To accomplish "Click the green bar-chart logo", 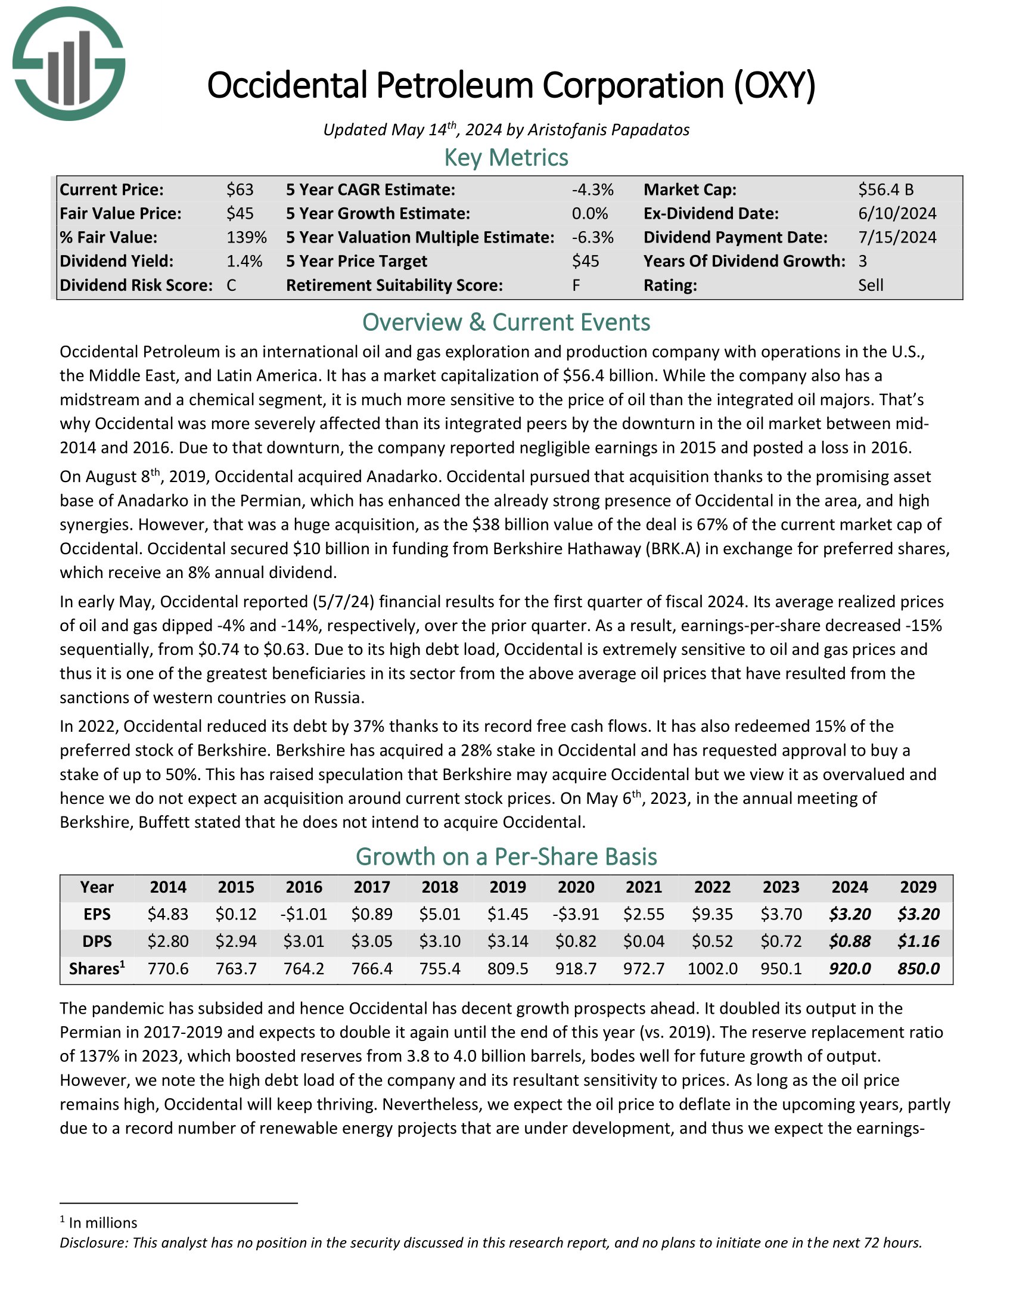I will [69, 64].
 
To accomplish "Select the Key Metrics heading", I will [506, 158].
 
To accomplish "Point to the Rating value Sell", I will [870, 285].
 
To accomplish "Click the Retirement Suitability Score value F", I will [576, 285].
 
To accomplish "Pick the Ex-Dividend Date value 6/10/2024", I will [897, 214].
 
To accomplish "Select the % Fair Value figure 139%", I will [246, 237].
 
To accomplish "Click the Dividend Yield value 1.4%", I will [244, 261].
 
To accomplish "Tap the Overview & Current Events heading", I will [506, 322].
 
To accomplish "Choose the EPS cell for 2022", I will [712, 914].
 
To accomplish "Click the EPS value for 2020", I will [576, 914].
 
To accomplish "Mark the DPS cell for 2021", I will [644, 941].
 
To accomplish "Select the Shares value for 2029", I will [918, 968].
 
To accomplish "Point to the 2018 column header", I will [440, 887].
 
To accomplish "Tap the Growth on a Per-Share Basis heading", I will [506, 856].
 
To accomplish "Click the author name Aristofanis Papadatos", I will [608, 130].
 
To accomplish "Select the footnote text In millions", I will [102, 1223].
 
